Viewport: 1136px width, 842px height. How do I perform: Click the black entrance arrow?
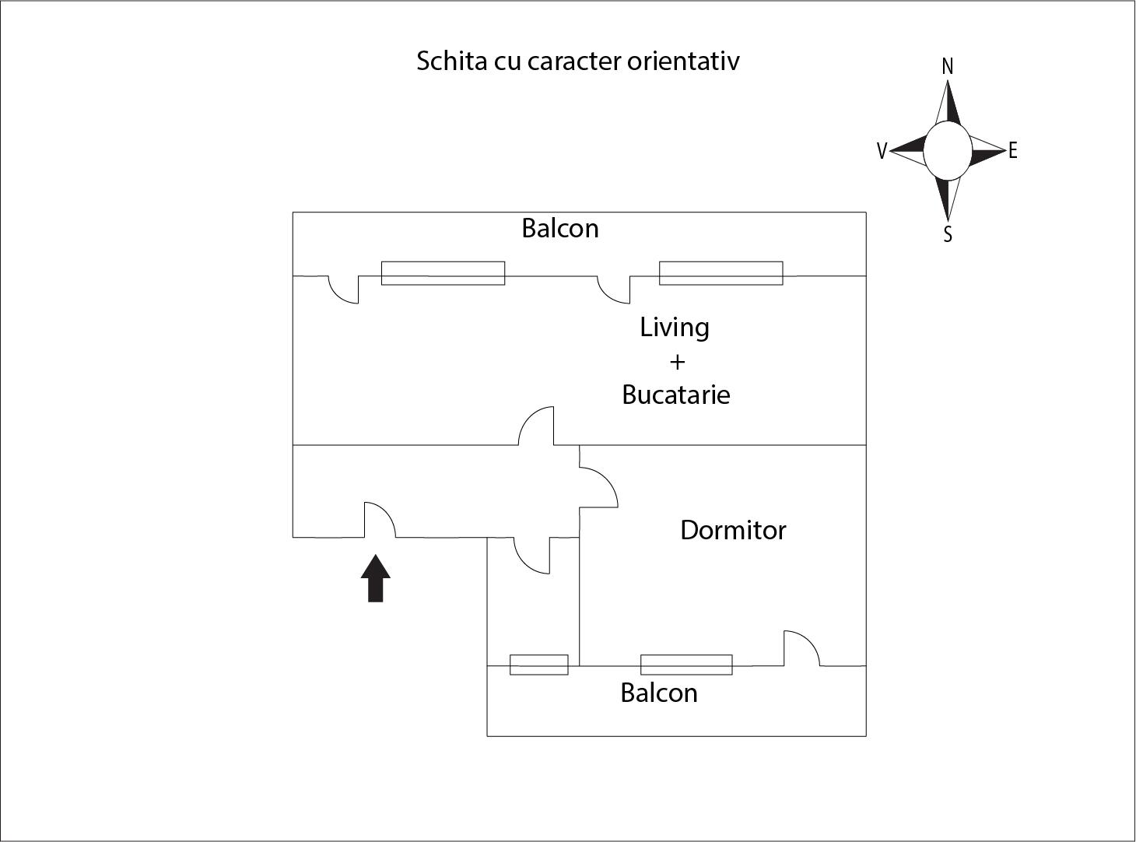click(375, 578)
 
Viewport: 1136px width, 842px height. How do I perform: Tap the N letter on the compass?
click(948, 67)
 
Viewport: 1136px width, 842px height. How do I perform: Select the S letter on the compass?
click(948, 234)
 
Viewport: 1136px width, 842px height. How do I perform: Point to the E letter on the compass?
click(1012, 151)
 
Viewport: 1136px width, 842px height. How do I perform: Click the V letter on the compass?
click(882, 151)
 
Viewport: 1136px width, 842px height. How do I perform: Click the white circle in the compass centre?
click(948, 151)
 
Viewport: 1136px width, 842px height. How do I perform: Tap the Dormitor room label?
click(733, 531)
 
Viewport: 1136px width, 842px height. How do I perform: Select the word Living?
click(675, 328)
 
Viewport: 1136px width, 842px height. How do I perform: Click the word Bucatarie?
click(676, 395)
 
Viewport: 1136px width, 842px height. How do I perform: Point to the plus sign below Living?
click(677, 363)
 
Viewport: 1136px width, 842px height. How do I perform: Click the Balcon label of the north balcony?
click(559, 228)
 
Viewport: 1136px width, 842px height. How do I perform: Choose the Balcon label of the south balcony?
click(659, 693)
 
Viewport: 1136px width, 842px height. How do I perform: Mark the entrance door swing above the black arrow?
click(380, 520)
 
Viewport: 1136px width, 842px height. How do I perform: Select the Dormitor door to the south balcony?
click(801, 648)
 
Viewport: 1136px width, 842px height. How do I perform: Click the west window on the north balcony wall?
click(443, 273)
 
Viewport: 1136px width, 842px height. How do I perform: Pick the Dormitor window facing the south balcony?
click(686, 665)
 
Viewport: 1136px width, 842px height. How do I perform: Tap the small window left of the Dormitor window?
click(538, 665)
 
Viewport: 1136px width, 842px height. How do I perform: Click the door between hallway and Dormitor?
click(598, 487)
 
